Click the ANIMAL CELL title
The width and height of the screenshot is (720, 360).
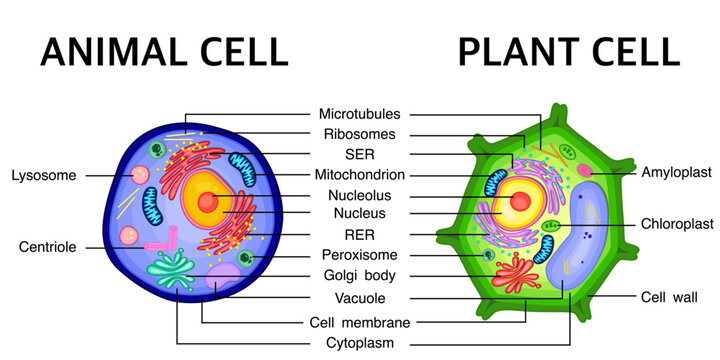pos(164,49)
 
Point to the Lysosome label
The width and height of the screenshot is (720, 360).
pos(43,176)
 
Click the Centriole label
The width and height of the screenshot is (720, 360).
pos(46,246)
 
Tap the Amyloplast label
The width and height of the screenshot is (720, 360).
pos(674,172)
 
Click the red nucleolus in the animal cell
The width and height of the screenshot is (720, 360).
pos(208,201)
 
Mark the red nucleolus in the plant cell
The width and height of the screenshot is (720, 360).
pos(521,201)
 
